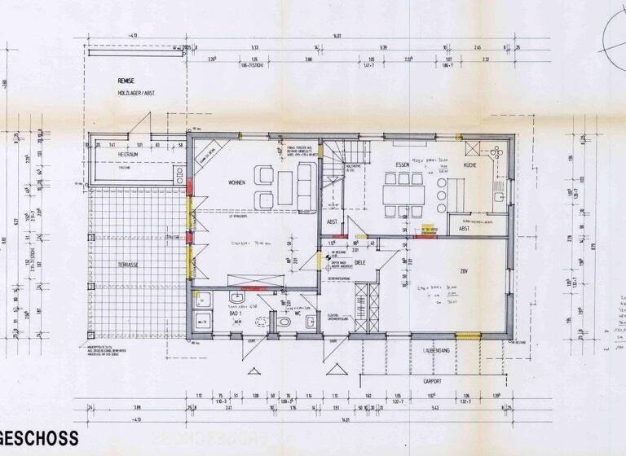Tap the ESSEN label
coord(403,165)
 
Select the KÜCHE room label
coord(470,165)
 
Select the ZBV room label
coord(463,271)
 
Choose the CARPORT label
coord(432,379)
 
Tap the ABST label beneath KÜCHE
coord(464,229)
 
